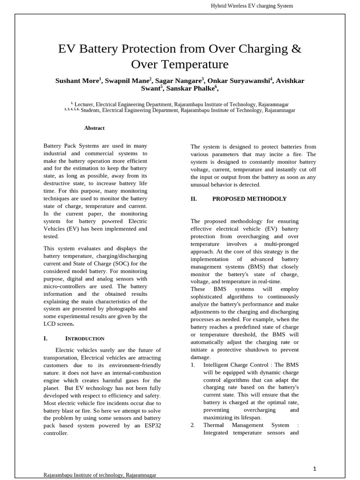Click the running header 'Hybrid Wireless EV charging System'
click(252, 6)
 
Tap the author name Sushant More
click(76, 81)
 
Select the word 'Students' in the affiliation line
click(90, 111)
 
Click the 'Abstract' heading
click(94, 128)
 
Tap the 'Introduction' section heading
click(84, 338)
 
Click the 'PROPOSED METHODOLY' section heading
click(249, 199)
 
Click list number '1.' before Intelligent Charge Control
click(193, 365)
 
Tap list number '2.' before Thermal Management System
click(193, 425)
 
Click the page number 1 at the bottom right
click(315, 468)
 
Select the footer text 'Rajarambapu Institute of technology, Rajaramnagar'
click(100, 475)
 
